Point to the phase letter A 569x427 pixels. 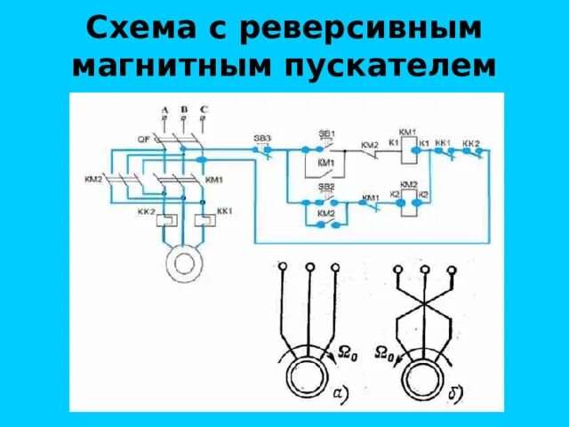tap(164, 109)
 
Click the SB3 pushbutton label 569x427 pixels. tap(262, 138)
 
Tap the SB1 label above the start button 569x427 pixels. tap(326, 133)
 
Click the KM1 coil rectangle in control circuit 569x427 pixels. tap(409, 152)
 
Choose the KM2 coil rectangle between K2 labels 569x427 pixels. tap(409, 205)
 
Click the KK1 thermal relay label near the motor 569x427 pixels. tap(224, 212)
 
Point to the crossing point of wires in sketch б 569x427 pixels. tap(425, 314)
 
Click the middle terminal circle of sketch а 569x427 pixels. tap(309, 267)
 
